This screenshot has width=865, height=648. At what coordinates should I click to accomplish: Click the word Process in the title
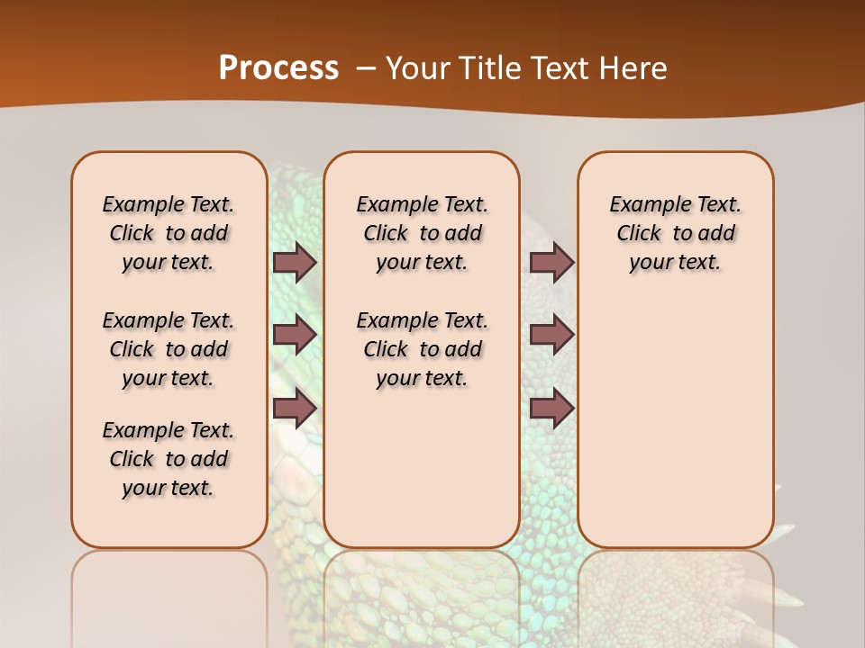tap(278, 68)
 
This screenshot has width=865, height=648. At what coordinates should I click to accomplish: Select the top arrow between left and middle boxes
tap(295, 263)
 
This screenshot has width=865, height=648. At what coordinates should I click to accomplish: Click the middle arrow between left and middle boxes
tap(295, 335)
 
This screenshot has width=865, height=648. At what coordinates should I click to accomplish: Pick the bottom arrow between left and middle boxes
tap(295, 409)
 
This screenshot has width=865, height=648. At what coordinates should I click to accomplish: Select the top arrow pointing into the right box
tap(551, 263)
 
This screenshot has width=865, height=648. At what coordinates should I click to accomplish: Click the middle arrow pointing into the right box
tap(551, 335)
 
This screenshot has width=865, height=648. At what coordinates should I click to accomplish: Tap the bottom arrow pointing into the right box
tap(551, 409)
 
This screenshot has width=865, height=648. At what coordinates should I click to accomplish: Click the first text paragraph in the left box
tap(168, 233)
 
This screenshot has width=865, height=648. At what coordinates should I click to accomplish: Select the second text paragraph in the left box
tap(168, 349)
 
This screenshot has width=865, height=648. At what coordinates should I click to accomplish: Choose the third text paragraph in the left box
tap(168, 459)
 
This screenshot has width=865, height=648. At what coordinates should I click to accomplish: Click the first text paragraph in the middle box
tap(422, 233)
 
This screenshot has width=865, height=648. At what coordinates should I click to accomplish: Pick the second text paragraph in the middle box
tap(422, 349)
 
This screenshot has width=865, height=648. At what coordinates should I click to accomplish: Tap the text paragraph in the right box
tap(676, 233)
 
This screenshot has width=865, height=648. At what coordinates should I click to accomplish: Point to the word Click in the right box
tap(639, 234)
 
